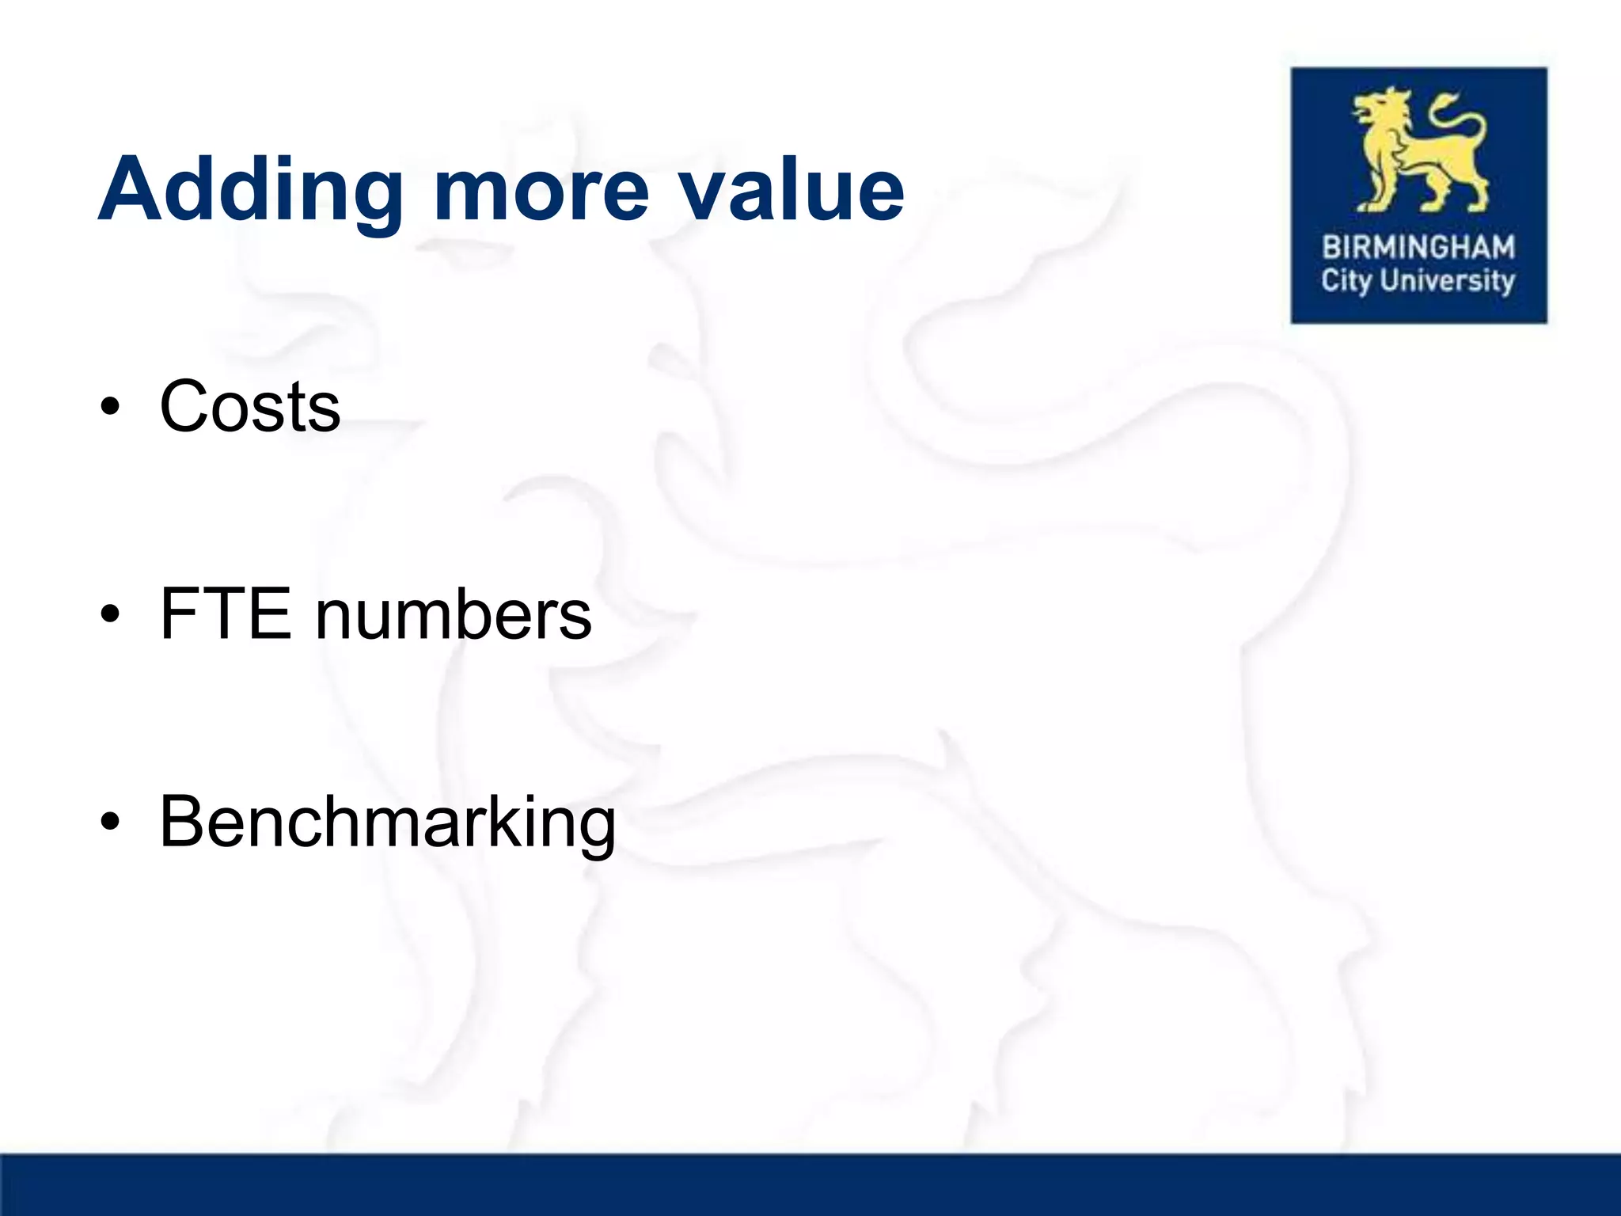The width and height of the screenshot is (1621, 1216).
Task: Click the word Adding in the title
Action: (x=250, y=190)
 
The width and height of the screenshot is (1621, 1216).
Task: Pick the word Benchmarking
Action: (x=387, y=823)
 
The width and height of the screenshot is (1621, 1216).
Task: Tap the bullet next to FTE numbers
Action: (x=111, y=615)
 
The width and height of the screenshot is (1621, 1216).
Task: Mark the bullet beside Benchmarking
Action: (x=111, y=823)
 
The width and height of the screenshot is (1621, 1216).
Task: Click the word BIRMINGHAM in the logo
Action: (x=1418, y=248)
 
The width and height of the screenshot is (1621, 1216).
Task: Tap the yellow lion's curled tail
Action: (x=1461, y=119)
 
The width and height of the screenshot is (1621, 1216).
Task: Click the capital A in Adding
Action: (x=131, y=190)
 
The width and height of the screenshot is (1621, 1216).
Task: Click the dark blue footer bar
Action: (x=810, y=1184)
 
